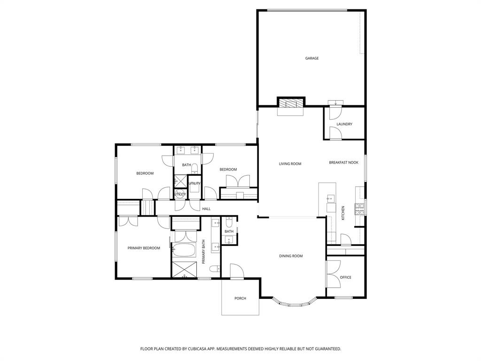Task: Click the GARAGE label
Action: (x=312, y=58)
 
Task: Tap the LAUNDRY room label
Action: (x=344, y=124)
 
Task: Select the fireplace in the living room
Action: (x=290, y=104)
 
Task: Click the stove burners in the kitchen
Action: (x=359, y=209)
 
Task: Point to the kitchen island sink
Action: (x=330, y=198)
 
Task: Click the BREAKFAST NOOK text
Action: (x=343, y=163)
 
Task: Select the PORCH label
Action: (x=240, y=298)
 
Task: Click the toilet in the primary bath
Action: (x=214, y=269)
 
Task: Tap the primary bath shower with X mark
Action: (x=183, y=268)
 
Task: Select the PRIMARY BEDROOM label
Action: (x=144, y=248)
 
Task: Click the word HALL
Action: (x=206, y=209)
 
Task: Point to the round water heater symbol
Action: (x=180, y=194)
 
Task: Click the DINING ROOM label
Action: (x=291, y=256)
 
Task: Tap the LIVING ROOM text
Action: (x=290, y=164)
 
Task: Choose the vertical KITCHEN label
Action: (x=343, y=213)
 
